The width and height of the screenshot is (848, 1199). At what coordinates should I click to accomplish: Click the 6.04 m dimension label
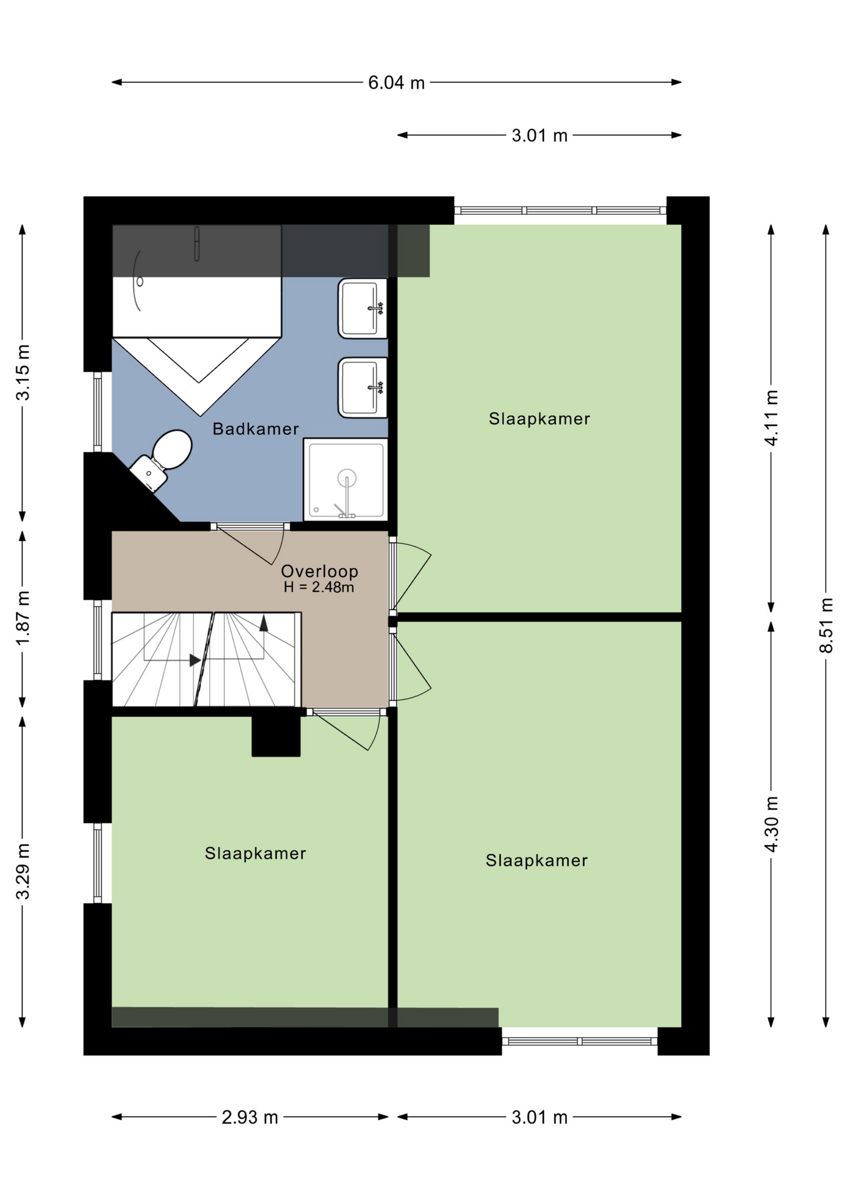(396, 82)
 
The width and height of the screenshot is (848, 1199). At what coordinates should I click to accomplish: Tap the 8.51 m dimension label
(826, 625)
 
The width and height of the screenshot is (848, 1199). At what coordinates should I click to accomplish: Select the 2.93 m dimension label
(250, 1117)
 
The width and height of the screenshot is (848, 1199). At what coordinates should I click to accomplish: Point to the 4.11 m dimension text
(772, 418)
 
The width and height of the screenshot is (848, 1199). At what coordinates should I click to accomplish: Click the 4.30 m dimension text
(772, 824)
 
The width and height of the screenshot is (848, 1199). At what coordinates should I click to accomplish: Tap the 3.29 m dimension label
(22, 871)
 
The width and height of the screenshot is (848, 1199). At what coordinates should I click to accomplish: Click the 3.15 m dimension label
(22, 372)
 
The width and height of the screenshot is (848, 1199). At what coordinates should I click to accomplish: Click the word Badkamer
(255, 429)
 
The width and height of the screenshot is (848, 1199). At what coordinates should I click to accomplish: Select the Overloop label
(319, 571)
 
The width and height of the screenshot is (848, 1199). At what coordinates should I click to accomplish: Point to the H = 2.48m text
(319, 587)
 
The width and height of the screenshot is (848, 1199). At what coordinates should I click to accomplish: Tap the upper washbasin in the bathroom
(363, 308)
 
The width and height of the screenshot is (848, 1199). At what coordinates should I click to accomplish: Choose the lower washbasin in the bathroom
(363, 388)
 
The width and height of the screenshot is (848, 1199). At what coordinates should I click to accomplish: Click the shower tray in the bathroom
(345, 480)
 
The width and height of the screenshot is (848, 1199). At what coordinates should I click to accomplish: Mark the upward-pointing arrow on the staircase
(264, 623)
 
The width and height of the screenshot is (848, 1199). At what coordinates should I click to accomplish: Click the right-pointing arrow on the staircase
(195, 659)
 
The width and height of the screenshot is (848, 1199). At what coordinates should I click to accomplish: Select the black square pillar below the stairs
(276, 736)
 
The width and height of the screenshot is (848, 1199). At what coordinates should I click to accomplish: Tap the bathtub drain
(140, 282)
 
